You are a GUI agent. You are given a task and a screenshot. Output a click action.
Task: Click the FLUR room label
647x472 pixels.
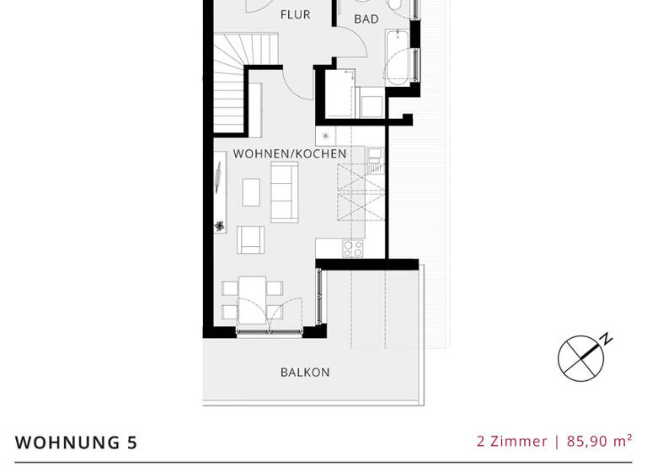(x=295, y=14)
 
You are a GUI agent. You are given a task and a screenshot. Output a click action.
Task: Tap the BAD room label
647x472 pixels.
(x=366, y=19)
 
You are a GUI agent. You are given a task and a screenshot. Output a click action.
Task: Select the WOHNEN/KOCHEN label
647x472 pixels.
(x=290, y=153)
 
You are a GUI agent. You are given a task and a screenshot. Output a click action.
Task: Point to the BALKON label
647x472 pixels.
(x=305, y=372)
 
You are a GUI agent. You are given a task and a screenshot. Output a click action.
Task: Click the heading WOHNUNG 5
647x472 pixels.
(x=76, y=442)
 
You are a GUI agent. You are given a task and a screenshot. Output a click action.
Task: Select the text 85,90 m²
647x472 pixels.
(x=599, y=441)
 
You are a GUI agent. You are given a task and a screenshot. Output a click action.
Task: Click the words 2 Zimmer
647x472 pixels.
(x=511, y=441)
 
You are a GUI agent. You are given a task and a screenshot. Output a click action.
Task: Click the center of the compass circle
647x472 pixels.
(x=580, y=359)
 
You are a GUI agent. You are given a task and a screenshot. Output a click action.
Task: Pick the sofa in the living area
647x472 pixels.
(x=284, y=191)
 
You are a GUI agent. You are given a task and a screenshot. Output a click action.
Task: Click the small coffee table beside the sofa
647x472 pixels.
(x=251, y=192)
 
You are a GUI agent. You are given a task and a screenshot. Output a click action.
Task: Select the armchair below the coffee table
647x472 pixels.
(x=250, y=239)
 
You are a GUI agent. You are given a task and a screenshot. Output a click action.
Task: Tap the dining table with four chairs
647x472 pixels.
(x=252, y=299)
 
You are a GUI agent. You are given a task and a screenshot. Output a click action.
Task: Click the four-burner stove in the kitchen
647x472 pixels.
(x=353, y=248)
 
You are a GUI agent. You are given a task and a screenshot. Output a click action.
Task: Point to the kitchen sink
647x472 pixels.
(x=375, y=159)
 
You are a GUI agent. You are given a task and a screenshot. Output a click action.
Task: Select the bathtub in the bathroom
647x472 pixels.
(x=398, y=57)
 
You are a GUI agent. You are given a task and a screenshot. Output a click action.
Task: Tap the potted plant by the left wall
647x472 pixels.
(x=220, y=225)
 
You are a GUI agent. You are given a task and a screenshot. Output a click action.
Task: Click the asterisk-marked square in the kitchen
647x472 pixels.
(x=325, y=136)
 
